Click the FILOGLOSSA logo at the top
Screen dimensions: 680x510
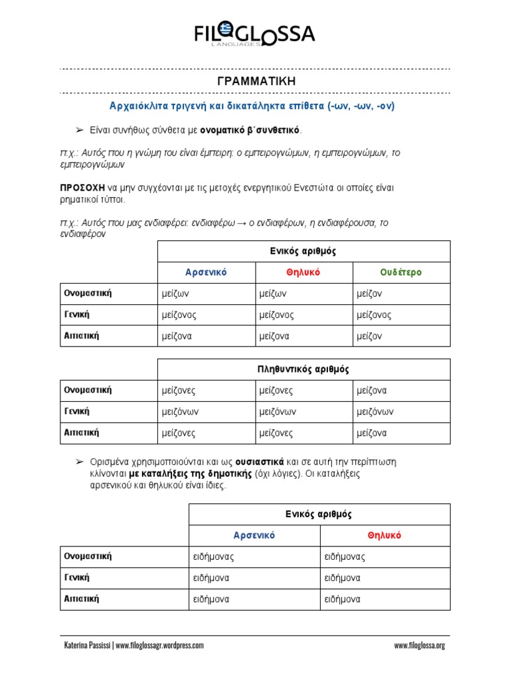254,34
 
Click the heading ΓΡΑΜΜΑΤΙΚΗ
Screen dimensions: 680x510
256,81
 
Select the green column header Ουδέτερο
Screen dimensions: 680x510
401,272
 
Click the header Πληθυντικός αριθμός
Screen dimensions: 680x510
303,369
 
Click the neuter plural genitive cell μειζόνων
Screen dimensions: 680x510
375,412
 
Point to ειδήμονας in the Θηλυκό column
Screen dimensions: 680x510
345,556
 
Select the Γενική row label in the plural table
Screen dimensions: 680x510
76,412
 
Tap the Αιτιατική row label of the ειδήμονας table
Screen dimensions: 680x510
81,598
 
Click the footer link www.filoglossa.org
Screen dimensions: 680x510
419,645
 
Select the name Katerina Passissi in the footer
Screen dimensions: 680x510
87,645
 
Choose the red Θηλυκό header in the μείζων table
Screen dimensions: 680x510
303,272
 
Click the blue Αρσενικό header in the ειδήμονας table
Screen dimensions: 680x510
254,535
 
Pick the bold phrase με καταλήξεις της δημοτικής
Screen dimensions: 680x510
189,473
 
